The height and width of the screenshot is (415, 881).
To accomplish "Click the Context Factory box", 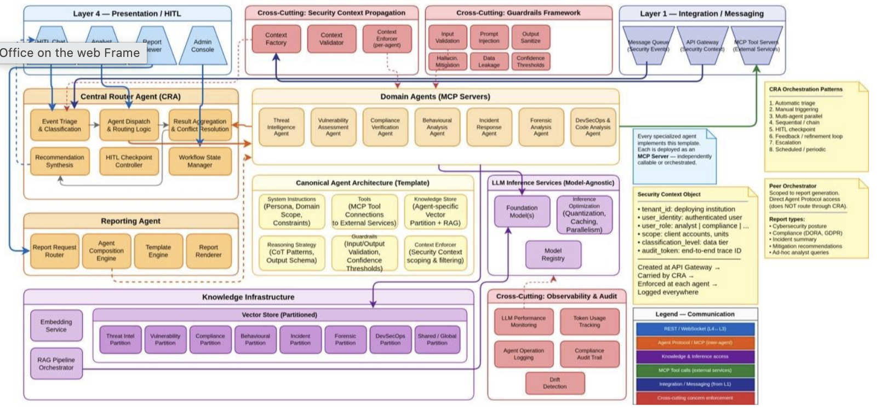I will [276, 39].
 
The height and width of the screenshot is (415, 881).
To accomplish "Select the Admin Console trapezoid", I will [203, 45].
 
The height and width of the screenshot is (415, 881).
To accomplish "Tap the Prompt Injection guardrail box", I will [489, 37].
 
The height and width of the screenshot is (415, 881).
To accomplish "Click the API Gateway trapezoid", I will [702, 45].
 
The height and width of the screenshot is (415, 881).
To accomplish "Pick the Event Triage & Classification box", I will [60, 125].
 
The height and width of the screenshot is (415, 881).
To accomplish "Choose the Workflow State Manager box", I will [200, 161].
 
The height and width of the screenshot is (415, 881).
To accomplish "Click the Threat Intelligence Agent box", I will [281, 127].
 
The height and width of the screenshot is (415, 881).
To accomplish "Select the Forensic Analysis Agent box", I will [541, 127].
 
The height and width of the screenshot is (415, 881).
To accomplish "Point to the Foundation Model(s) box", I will [522, 211].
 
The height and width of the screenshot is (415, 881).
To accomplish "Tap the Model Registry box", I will [553, 255].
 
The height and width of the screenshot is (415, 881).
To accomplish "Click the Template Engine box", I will [158, 251].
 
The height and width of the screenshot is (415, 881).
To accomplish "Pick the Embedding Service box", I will [56, 326].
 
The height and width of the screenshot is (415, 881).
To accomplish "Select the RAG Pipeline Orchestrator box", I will [56, 364].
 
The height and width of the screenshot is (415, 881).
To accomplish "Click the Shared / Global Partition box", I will [437, 339].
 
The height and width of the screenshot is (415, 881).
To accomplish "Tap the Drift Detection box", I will [554, 383].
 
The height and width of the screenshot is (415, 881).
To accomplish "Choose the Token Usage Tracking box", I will [590, 321].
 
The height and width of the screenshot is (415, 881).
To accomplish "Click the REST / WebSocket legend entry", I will [695, 329].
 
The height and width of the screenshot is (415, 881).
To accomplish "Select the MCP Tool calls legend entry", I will [695, 370].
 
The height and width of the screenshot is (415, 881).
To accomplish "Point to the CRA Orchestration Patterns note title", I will [805, 89].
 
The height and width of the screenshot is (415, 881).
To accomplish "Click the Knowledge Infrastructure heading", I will [248, 297].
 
